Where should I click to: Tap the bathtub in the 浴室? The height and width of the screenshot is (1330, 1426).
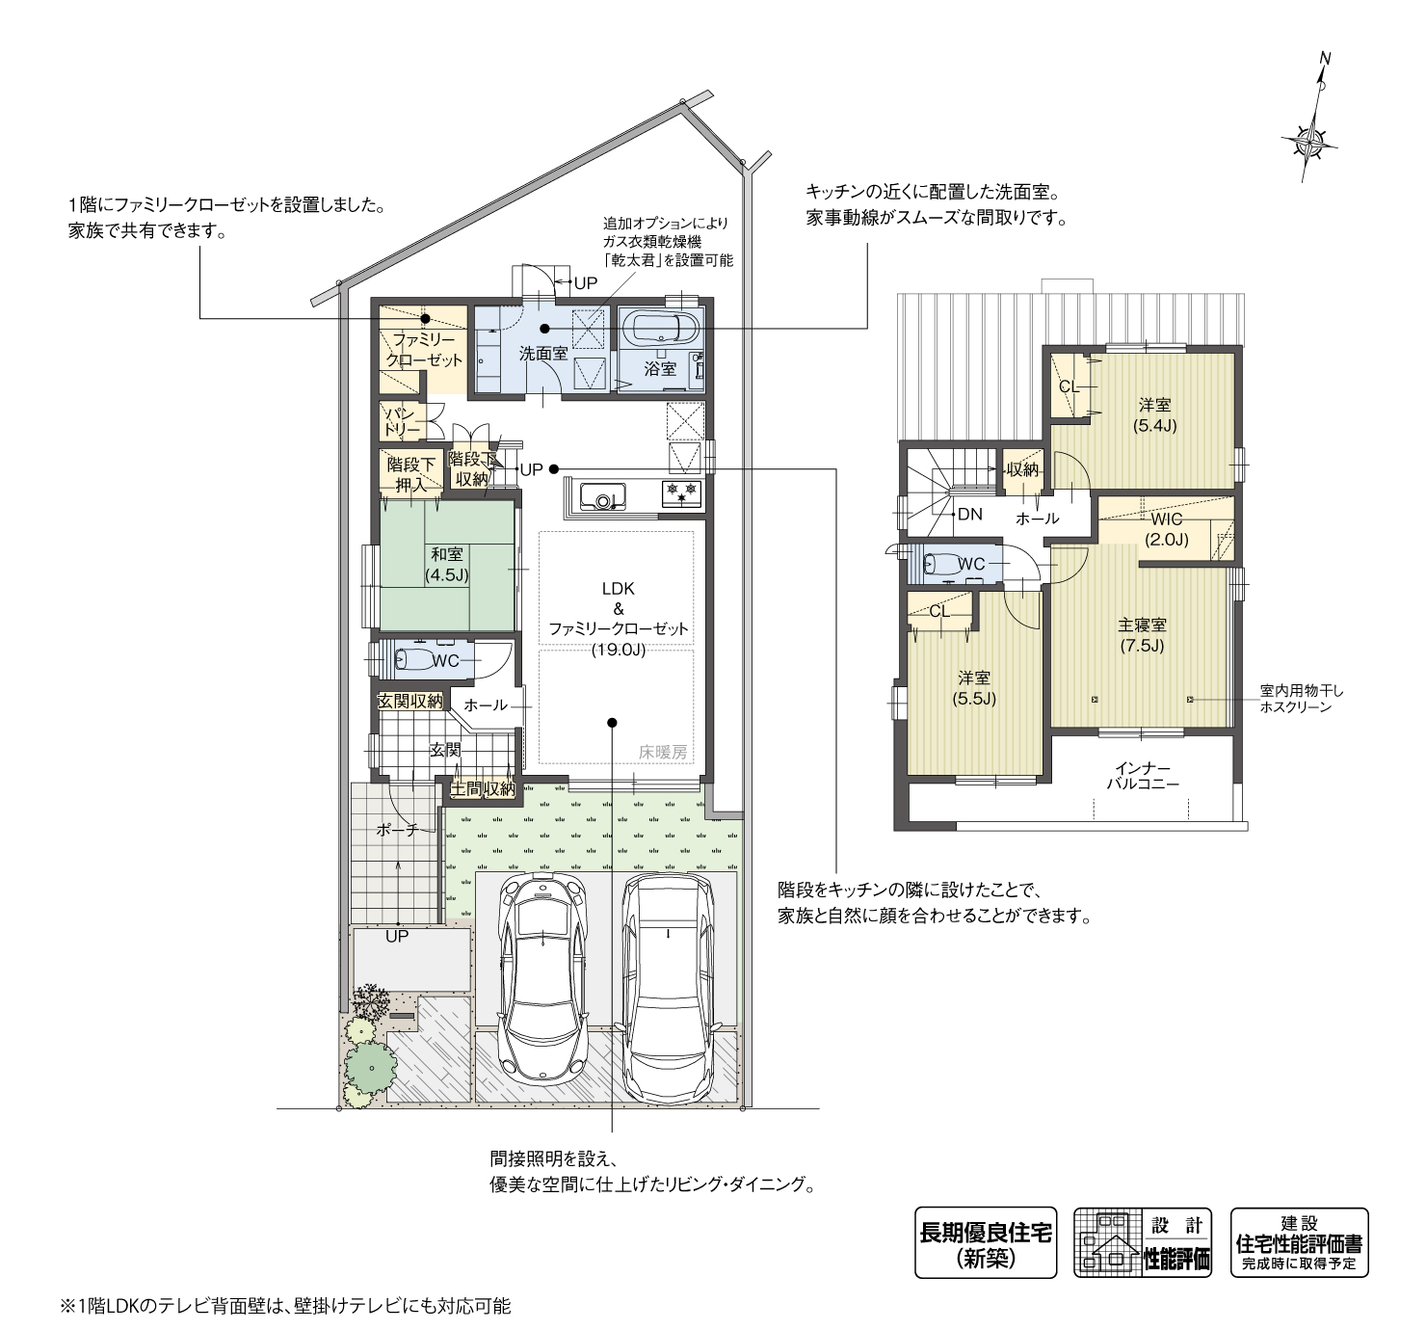pos(660,328)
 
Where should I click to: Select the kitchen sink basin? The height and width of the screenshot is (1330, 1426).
pos(604,500)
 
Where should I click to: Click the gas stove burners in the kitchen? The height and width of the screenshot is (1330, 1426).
pos(682,495)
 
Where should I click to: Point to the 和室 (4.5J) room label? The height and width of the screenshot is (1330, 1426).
pos(446,565)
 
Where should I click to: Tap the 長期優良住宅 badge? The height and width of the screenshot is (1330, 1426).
pos(985,1242)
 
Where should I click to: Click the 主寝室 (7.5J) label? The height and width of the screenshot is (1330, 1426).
pos(1142,635)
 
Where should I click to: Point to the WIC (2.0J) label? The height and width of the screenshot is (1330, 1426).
pos(1167,529)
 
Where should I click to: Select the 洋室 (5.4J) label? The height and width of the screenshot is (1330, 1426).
pos(1154,415)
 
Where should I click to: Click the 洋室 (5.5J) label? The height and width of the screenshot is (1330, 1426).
pos(974,688)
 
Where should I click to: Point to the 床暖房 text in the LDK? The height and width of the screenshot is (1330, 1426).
pos(663,752)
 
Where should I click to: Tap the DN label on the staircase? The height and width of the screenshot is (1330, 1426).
pos(969,515)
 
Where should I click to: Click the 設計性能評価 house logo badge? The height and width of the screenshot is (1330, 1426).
pos(1142,1242)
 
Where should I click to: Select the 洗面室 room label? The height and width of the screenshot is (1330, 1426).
pos(543,354)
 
